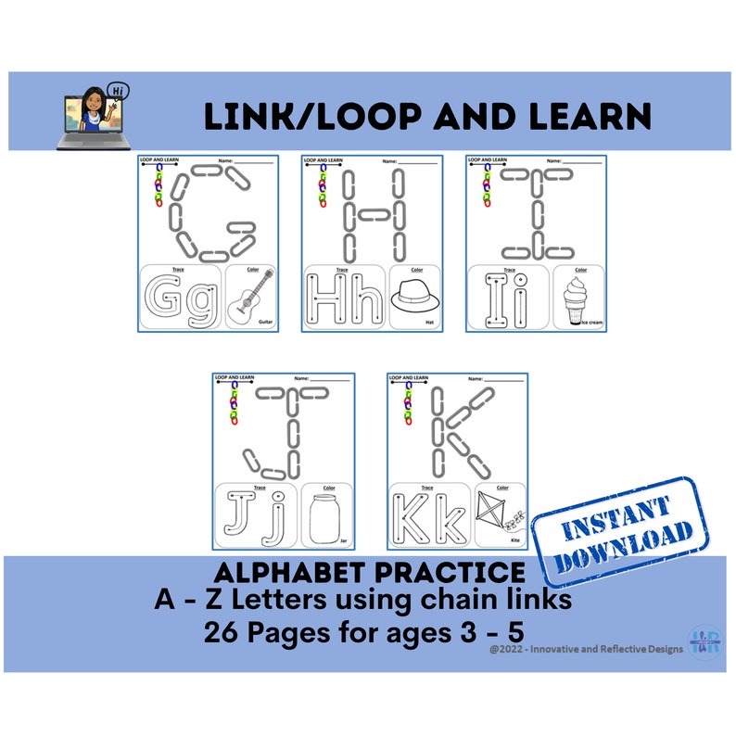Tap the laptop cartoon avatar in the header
coord(94,117)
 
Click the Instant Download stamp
coord(617,530)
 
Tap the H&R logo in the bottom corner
coord(701,641)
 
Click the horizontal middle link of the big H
coord(374,214)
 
